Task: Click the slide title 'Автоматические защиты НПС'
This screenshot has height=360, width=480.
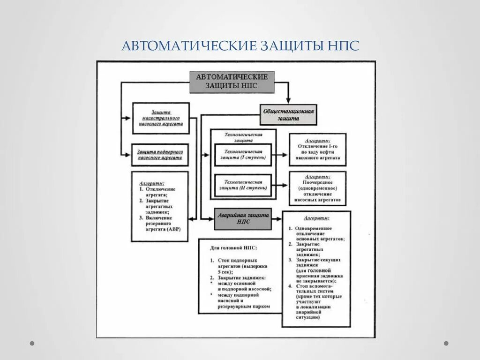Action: (240, 46)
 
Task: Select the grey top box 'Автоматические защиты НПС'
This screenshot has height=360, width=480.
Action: (232, 82)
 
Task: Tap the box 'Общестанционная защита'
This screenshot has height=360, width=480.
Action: (288, 115)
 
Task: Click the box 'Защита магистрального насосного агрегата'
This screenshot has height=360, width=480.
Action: (161, 118)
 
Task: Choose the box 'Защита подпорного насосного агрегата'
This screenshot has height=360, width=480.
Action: (160, 155)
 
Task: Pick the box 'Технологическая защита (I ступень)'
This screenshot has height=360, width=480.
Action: (243, 155)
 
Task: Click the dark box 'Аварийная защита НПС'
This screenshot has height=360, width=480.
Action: (243, 218)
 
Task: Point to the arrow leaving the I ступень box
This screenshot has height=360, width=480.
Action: (280, 155)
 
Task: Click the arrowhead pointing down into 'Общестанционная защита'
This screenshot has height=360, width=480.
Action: (289, 100)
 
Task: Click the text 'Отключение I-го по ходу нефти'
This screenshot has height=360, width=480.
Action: (317, 150)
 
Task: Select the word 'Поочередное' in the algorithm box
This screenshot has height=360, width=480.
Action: (317, 182)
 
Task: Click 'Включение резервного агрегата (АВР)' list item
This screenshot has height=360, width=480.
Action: (162, 224)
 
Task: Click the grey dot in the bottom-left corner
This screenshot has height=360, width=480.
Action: (32, 343)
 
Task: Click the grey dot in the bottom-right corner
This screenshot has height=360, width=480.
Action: (446, 343)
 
